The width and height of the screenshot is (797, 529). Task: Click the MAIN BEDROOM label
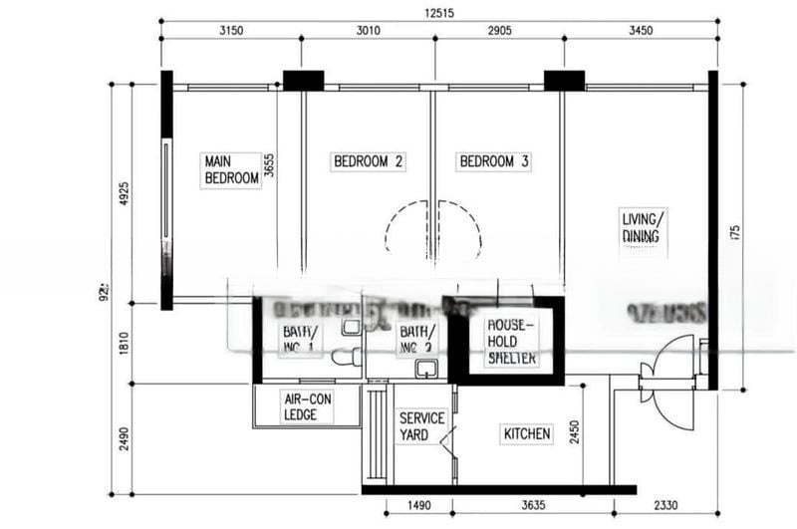click(231, 169)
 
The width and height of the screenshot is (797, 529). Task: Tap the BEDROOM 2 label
click(369, 160)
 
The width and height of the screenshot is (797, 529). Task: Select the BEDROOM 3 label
click(493, 160)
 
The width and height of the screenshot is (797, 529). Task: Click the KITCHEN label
click(527, 434)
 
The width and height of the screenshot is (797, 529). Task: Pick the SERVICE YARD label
click(421, 427)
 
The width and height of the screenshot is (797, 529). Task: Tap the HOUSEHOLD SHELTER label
click(511, 342)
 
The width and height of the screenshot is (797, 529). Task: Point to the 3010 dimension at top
click(368, 31)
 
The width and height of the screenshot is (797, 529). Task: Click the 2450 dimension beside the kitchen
click(574, 433)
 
